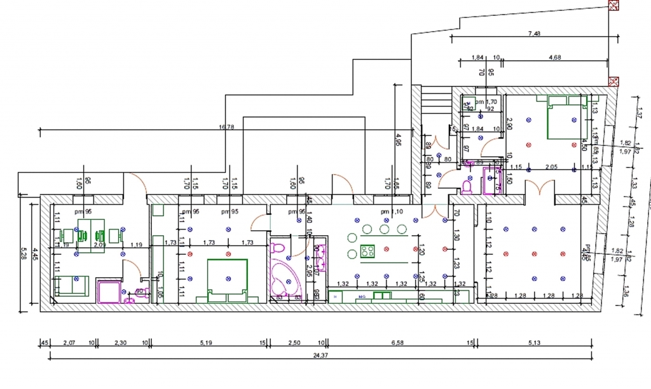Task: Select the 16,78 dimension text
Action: (226, 127)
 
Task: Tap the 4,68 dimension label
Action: (554, 58)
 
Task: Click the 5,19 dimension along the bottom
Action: (205, 343)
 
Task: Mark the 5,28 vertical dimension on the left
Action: (24, 257)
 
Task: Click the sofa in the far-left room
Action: (71, 285)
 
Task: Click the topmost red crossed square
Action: (614, 6)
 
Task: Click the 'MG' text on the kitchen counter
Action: (361, 296)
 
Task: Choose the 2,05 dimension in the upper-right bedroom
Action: (553, 167)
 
